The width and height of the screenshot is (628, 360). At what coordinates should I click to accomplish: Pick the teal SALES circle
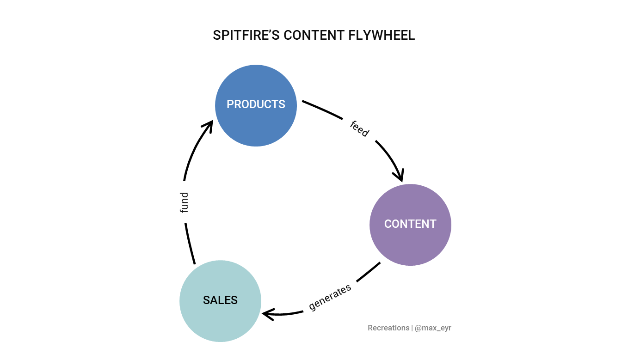click(220, 323)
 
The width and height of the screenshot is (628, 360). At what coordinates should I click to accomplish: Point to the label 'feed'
click(359, 128)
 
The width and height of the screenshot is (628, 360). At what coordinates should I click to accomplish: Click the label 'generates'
click(330, 297)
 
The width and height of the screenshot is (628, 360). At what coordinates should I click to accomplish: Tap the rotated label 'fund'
click(184, 202)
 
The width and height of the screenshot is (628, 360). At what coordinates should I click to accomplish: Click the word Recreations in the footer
click(388, 328)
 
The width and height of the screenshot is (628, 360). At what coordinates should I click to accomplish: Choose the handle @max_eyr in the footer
click(433, 328)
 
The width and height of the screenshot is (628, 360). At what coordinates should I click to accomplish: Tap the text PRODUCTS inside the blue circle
click(256, 104)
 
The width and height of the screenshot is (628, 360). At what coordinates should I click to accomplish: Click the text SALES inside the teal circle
click(220, 300)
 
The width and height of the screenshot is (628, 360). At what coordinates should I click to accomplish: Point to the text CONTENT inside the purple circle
click(410, 224)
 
